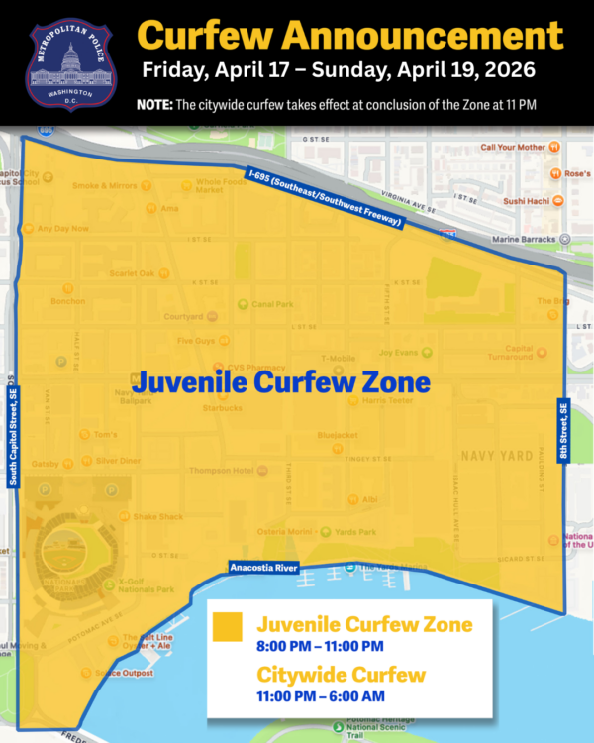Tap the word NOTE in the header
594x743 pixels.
156,104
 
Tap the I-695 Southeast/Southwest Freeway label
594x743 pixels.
325,199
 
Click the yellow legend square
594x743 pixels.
228,627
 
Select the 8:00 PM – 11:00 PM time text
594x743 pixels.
319,646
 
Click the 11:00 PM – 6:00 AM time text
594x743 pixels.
321,697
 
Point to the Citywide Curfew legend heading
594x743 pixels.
342,676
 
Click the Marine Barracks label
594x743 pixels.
520,239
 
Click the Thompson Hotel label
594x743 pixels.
222,470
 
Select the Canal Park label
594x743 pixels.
272,304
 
